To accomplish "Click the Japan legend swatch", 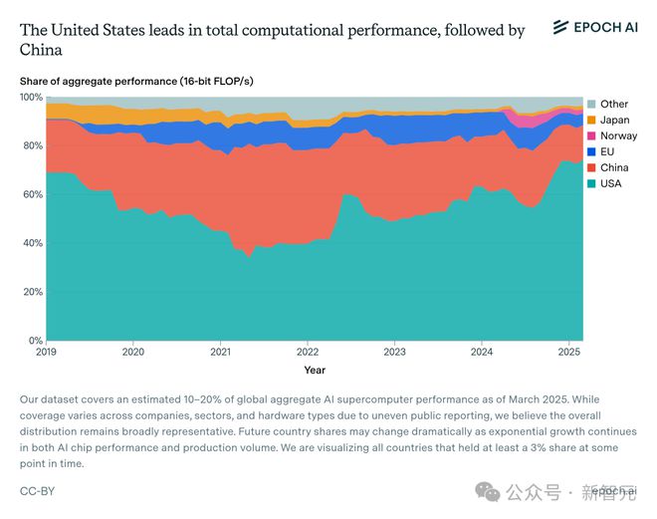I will [591, 120].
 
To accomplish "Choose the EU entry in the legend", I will [607, 151].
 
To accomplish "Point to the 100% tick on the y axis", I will [31, 98].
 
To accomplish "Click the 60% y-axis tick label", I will [33, 194].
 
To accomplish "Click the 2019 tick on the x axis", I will [47, 352].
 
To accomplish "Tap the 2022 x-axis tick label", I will [308, 352].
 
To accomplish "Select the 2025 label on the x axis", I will [568, 352].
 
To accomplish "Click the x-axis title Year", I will [315, 370].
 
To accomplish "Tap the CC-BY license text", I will [39, 491].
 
